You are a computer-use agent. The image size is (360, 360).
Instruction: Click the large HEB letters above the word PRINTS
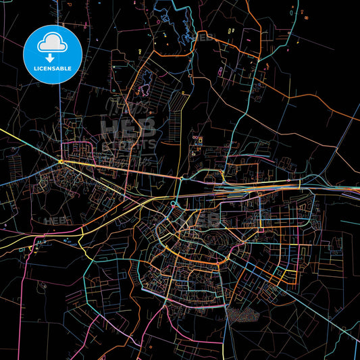click(128, 126)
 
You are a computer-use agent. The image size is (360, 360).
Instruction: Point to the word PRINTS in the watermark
click(128, 144)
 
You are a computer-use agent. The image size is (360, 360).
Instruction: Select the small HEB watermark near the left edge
click(54, 221)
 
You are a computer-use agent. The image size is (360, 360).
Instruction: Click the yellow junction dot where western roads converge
click(61, 161)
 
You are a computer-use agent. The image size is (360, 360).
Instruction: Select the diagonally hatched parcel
click(176, 101)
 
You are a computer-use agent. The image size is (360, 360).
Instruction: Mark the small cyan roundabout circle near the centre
click(174, 203)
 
